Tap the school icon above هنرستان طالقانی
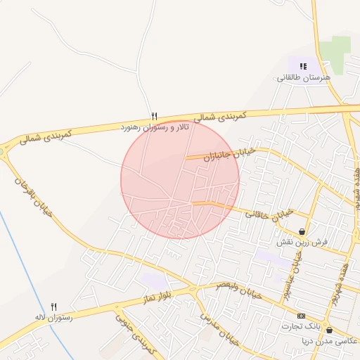coord(303,66)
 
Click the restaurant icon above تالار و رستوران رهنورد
coord(154,116)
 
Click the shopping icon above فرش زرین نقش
coord(302,231)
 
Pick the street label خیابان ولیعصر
coord(241,291)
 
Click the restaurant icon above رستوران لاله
coord(54,306)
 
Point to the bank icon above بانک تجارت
coord(302,316)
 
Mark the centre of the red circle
coord(180,179)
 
